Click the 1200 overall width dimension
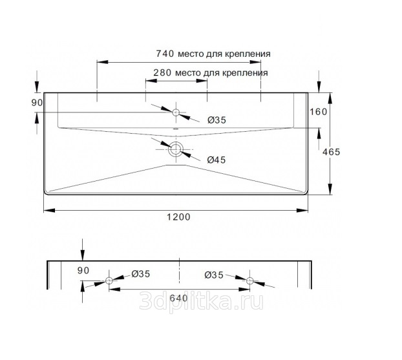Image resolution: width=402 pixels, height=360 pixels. coord(178,217)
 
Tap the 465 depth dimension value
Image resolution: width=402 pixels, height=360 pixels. coord(331,152)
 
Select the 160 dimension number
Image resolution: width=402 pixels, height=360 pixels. coord(319,112)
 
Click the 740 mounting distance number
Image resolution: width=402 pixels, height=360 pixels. coord(165,54)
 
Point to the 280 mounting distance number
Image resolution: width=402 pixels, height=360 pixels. coord(162,73)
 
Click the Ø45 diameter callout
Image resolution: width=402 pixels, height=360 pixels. coord(217,160)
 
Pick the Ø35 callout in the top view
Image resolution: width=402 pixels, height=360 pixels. coord(217,120)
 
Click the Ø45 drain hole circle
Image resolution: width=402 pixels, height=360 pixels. coord(176,149)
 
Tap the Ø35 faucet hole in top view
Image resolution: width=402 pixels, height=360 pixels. coord(176,112)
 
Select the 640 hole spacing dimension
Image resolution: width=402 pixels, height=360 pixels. coord(178,298)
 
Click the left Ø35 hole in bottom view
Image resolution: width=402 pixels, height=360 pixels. coord(109,281)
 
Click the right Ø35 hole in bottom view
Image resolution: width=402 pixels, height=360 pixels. coord(249,281)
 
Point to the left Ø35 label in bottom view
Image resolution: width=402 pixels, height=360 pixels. coord(141,274)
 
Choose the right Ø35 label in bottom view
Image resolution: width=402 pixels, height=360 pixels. coord(214,275)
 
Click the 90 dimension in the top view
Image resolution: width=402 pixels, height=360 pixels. coord(37,103)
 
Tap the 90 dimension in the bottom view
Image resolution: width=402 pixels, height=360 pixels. coord(83,271)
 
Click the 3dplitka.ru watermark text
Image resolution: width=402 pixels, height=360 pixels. coord(201,301)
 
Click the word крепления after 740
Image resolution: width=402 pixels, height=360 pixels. coord(248,54)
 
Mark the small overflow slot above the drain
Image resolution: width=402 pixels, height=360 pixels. coord(176,129)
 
